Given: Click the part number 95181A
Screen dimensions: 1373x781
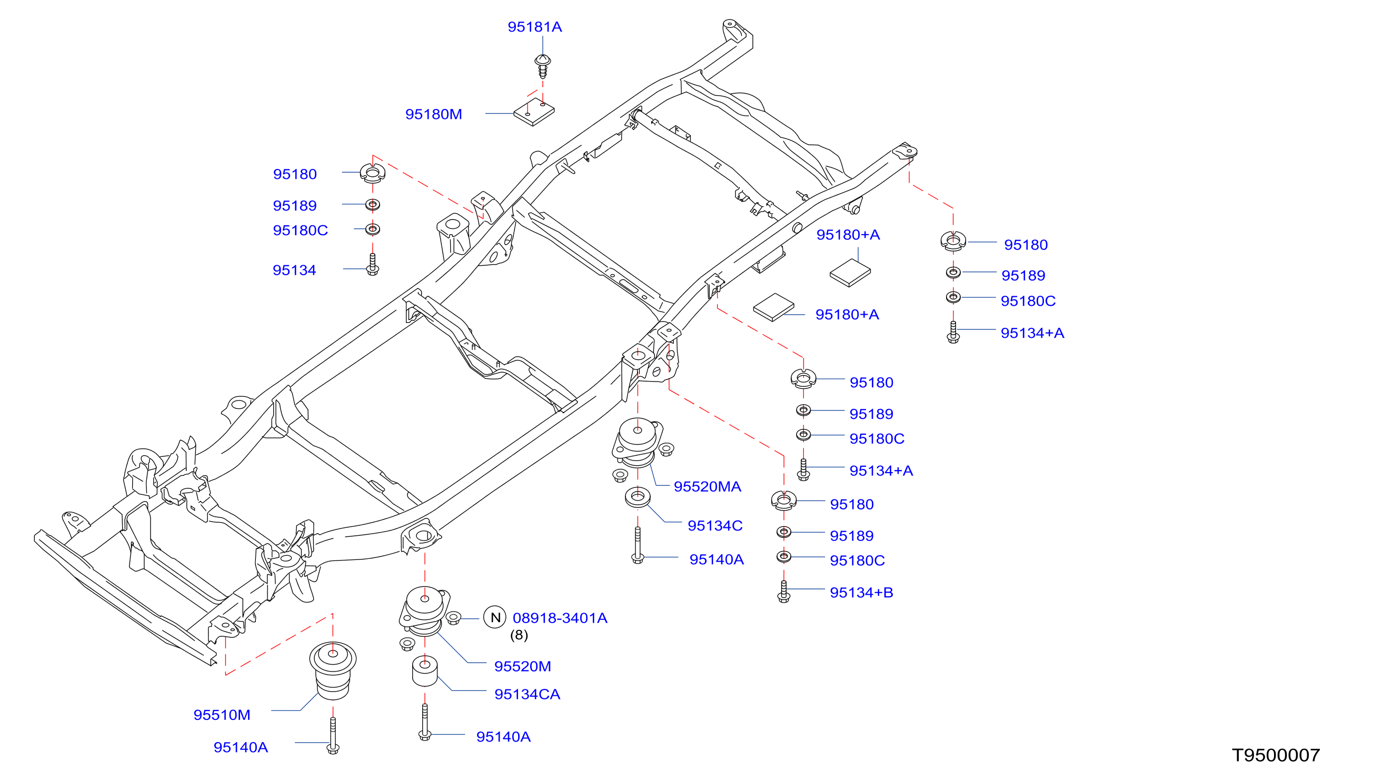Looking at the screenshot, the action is pos(534,27).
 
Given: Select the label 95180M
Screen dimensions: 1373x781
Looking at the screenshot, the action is pos(433,114).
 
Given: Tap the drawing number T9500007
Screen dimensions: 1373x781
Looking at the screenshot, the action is pos(1276,755).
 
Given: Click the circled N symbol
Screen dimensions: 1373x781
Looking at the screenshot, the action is pos(495,617).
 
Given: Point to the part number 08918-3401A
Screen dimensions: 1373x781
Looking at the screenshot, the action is pos(560,618).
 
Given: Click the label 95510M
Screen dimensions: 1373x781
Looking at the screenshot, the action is pos(222,715).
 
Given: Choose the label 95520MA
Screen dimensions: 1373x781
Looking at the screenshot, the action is pos(707,486).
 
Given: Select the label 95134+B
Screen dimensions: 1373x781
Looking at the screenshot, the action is pos(861,593).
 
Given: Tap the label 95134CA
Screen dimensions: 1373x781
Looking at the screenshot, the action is pos(527,695).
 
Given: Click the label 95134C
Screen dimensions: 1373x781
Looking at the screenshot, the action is pos(715,526).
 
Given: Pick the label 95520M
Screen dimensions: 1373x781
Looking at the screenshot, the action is pos(523,667).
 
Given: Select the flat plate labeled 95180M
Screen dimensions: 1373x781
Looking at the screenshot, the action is pos(534,112).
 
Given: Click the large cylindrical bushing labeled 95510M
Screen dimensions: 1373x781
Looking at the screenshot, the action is pos(333,670).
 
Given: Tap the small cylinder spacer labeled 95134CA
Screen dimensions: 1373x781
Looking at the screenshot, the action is pos(424,671).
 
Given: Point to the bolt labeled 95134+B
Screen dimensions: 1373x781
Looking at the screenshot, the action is pos(783,591).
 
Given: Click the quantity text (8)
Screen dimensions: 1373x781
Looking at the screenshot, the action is pos(519,635).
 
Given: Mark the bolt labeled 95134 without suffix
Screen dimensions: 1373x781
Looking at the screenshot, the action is pos(372,264).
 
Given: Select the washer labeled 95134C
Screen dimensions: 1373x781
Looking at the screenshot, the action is pos(638,497).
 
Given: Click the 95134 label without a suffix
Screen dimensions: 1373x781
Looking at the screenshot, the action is pos(294,271).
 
